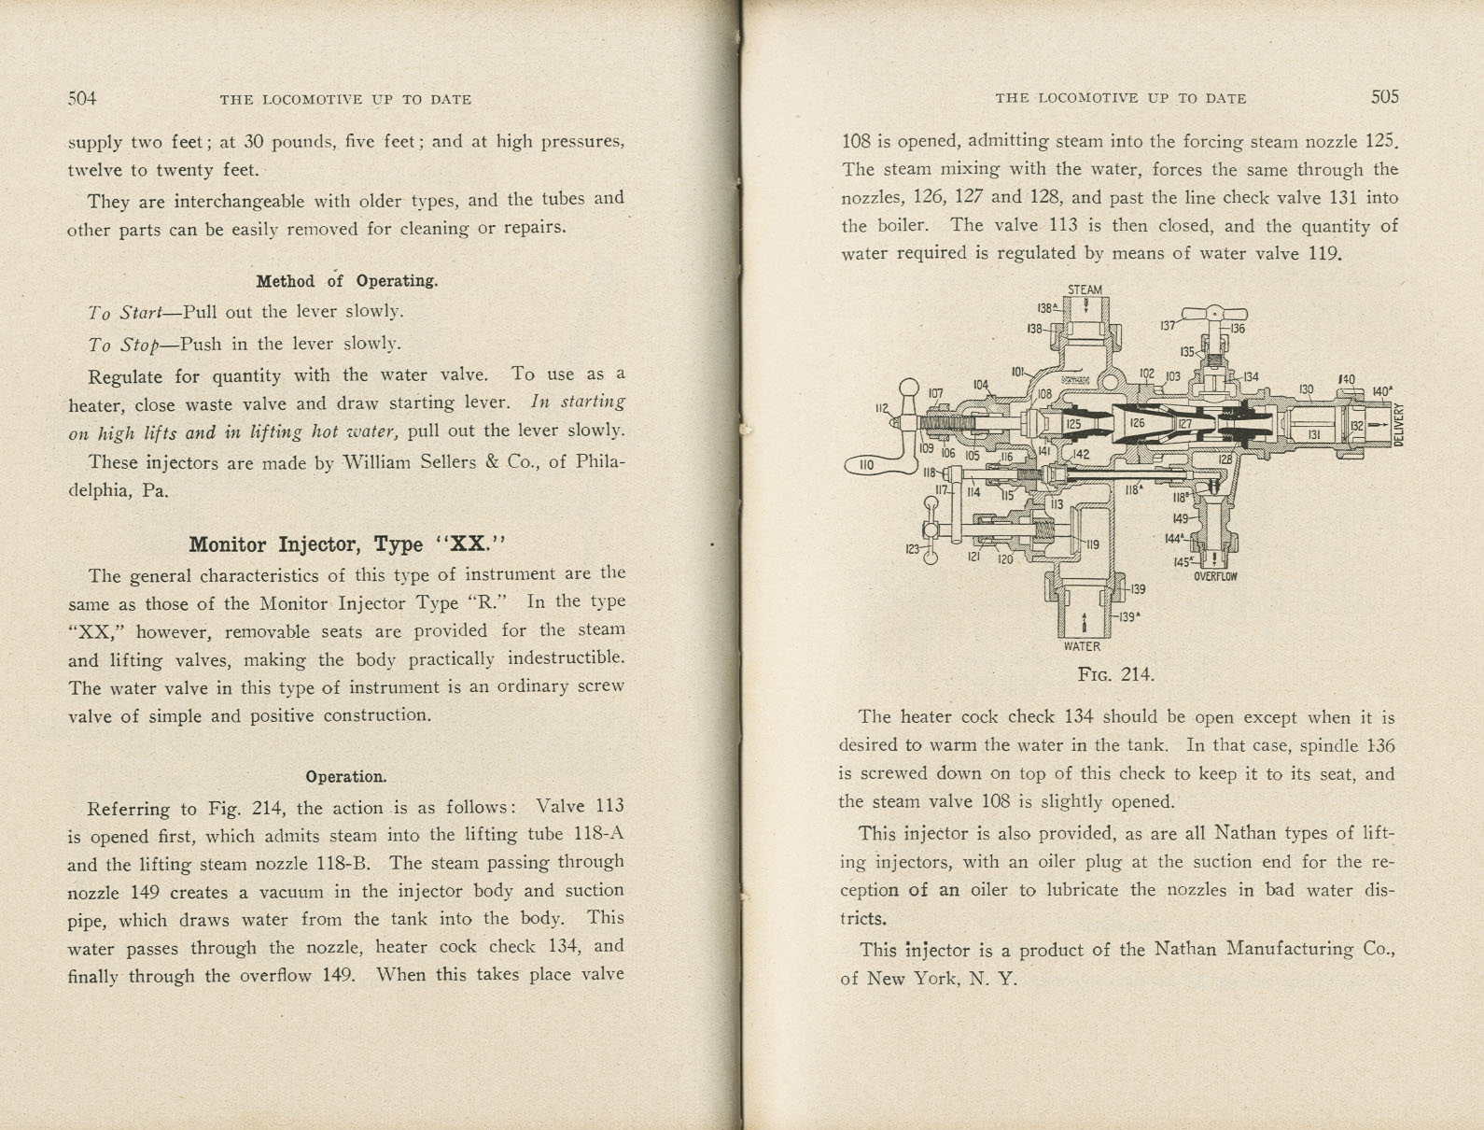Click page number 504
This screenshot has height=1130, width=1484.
(x=82, y=98)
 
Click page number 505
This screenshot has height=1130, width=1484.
(x=1385, y=96)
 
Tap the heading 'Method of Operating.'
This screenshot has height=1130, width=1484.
(x=346, y=281)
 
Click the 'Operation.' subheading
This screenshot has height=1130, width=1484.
(x=345, y=777)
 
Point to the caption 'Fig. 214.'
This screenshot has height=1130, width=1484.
(x=1115, y=674)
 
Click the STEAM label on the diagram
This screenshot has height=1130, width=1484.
(x=1085, y=290)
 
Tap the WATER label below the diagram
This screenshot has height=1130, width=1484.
(x=1082, y=646)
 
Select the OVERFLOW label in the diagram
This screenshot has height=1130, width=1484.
(x=1215, y=577)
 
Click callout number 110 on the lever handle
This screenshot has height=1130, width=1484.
(x=865, y=464)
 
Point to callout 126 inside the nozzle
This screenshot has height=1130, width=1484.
(x=1138, y=423)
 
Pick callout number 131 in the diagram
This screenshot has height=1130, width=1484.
(x=1313, y=434)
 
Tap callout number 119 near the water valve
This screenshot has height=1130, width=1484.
(x=1091, y=544)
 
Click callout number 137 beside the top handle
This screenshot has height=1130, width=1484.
(x=1168, y=326)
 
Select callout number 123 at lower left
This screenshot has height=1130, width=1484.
(x=912, y=549)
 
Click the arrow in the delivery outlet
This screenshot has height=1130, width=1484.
(x=1378, y=425)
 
